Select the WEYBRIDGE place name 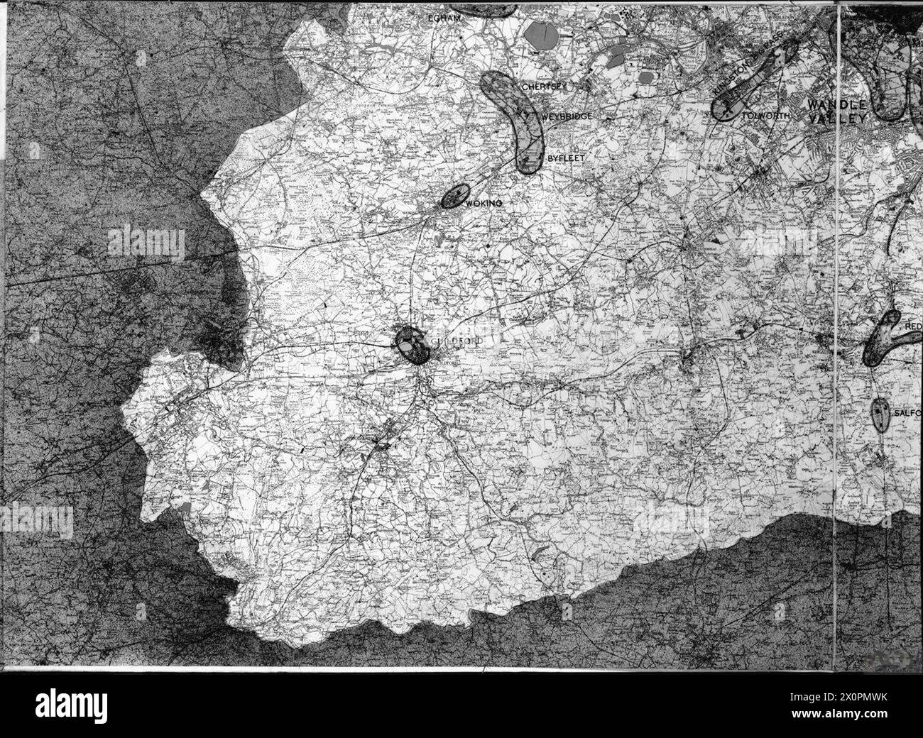click(x=566, y=116)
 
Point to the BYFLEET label click(x=566, y=158)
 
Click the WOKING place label click(x=486, y=204)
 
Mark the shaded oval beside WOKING click(x=456, y=196)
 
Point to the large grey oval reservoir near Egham click(x=542, y=33)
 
